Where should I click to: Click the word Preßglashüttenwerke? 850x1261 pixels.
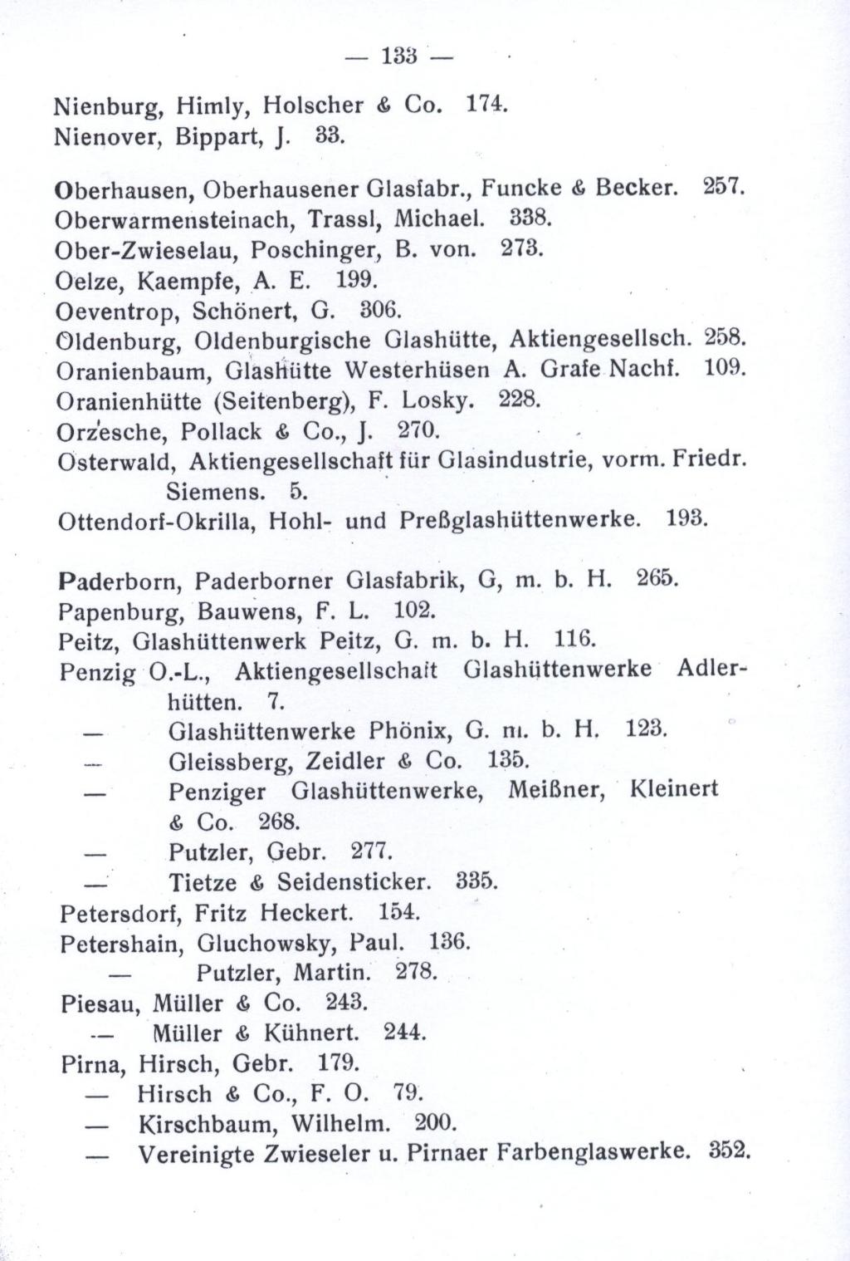point(520,521)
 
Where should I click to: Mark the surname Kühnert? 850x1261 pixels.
point(311,1033)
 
